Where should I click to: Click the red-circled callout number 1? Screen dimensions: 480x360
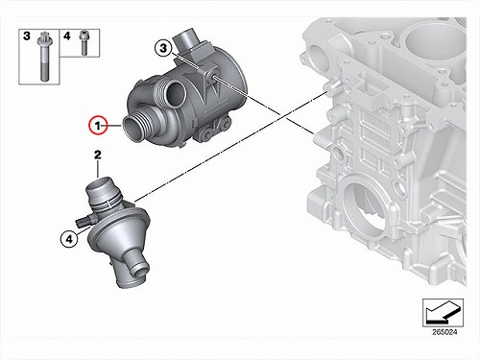[98, 126]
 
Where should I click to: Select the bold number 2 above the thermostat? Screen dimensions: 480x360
[98, 155]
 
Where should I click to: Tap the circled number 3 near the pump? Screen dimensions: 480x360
[163, 48]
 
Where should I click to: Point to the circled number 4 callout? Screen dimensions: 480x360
[69, 239]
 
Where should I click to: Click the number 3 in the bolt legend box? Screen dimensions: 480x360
[27, 36]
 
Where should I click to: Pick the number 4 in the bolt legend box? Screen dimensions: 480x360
[67, 36]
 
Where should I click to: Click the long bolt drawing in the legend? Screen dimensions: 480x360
[43, 57]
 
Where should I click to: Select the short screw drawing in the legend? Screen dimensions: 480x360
[84, 43]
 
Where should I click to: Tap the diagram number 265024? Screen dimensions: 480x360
[444, 332]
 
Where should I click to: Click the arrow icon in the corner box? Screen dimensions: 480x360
[443, 312]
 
